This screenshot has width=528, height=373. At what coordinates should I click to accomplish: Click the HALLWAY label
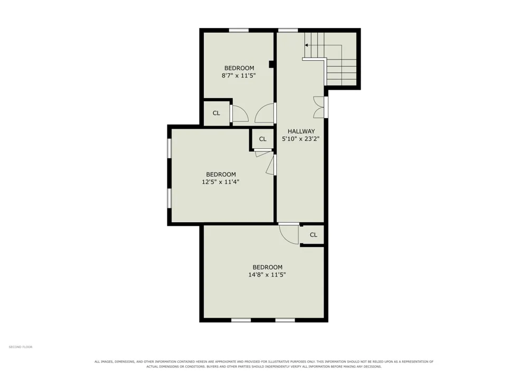click(301, 131)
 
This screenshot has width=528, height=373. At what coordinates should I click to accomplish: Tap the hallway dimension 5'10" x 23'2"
click(301, 139)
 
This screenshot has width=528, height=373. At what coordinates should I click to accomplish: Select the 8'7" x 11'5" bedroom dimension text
click(239, 75)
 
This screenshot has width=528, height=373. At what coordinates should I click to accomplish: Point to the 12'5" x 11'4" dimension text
click(221, 182)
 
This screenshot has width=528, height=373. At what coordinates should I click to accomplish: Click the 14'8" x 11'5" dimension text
click(267, 275)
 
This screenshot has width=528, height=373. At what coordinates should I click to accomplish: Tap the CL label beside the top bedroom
click(216, 113)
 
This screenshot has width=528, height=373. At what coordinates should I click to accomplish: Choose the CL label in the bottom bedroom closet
click(314, 235)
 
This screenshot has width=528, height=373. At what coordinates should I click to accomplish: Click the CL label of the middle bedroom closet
click(262, 139)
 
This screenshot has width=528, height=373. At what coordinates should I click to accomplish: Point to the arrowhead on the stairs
click(306, 45)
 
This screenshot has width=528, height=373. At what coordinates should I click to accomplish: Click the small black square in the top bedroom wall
click(271, 64)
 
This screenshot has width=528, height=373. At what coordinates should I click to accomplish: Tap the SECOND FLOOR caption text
click(21, 347)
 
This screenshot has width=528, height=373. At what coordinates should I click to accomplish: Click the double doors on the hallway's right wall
click(320, 107)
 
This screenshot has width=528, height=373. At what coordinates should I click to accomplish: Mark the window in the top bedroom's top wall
click(239, 30)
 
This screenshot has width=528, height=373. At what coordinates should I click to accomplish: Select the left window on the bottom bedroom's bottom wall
click(241, 320)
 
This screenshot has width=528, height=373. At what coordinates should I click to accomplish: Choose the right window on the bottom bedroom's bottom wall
click(285, 320)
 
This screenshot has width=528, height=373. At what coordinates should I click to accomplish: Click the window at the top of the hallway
click(288, 30)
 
